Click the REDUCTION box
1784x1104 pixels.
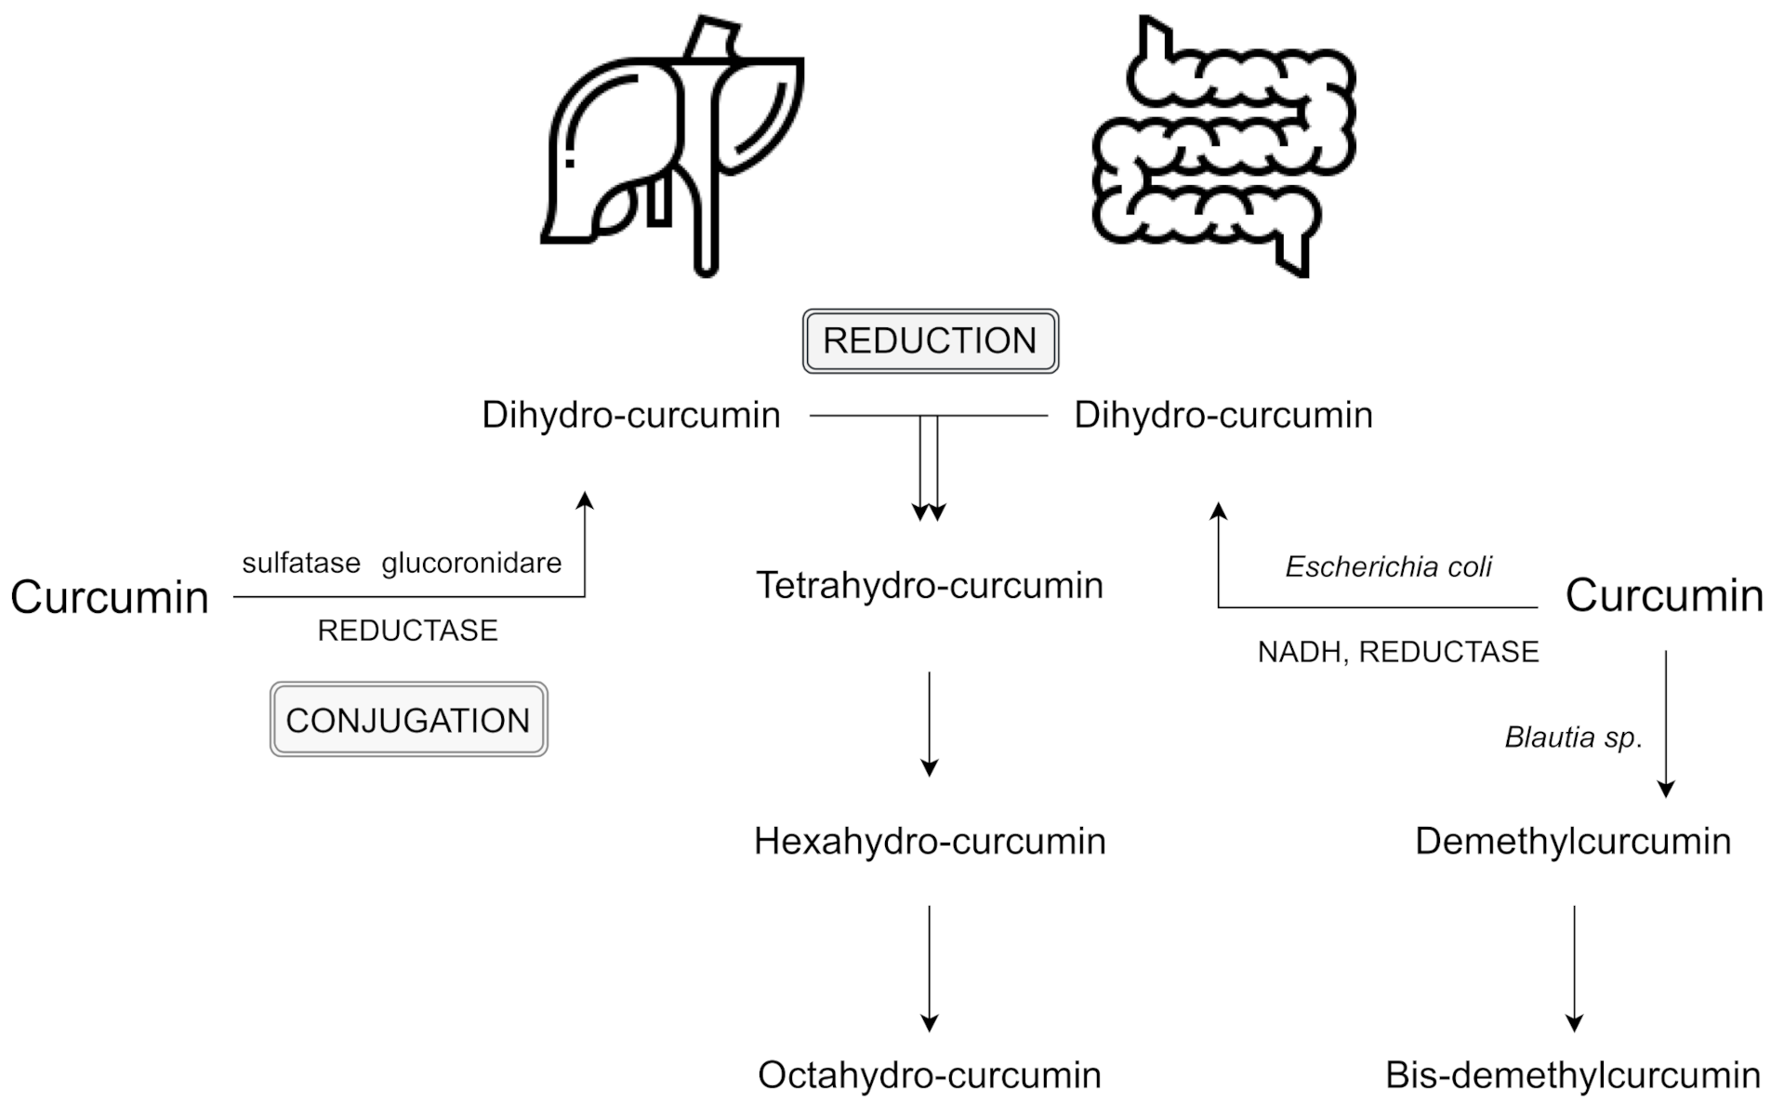pos(930,341)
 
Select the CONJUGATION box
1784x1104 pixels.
pos(408,720)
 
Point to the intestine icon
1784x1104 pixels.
pos(1223,149)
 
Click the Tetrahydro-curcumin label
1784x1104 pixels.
pos(930,585)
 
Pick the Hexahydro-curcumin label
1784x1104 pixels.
pos(930,841)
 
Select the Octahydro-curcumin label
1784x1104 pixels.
pos(930,1075)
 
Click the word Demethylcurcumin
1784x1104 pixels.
pos(1573,841)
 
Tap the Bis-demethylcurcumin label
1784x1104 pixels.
pos(1573,1075)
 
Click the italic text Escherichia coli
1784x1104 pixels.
pos(1388,566)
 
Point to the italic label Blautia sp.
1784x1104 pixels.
pos(1573,738)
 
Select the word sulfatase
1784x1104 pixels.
pos(301,563)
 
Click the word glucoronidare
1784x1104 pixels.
pos(471,563)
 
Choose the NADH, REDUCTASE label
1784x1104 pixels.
pos(1398,652)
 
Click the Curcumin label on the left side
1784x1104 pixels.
pos(110,596)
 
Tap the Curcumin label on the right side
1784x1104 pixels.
pos(1664,595)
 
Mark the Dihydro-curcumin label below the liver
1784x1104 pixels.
pos(631,415)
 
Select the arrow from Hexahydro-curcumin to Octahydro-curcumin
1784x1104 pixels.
pos(929,967)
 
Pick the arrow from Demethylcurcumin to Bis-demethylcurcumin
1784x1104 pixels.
pos(1574,967)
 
